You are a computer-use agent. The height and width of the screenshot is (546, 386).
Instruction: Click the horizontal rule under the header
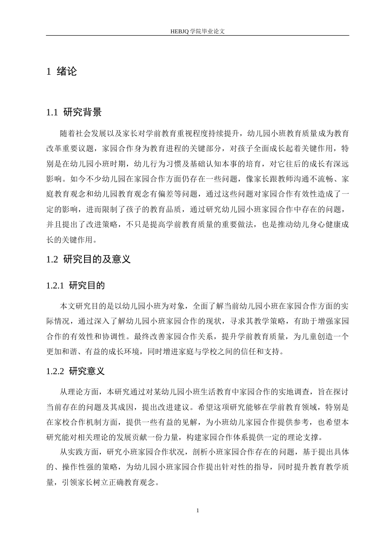197,36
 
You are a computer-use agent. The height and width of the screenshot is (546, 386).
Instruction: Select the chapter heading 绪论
67,72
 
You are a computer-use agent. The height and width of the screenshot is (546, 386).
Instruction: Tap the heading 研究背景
82,113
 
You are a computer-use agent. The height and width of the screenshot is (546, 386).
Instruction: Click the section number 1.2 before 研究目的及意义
52,259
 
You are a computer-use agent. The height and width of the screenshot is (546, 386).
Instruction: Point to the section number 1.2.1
55,286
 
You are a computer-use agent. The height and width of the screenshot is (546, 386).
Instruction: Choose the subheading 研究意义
87,371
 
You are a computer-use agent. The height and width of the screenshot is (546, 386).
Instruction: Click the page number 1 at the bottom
197,510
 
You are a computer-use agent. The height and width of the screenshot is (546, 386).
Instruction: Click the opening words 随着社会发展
80,133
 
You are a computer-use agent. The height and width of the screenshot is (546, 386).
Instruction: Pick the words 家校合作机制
74,422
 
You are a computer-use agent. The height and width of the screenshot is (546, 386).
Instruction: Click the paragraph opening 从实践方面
77,452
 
